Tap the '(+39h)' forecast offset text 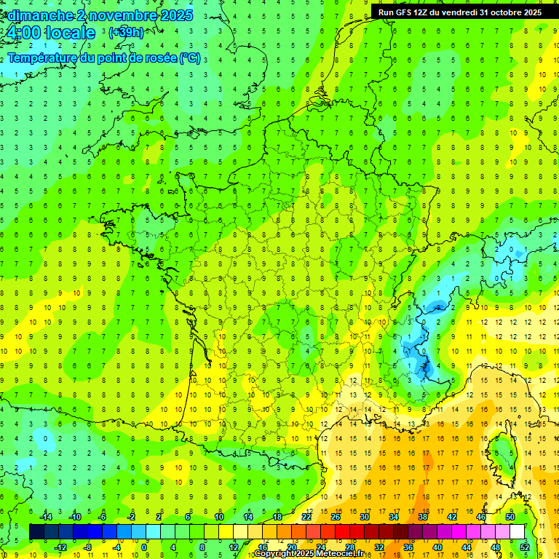click(x=126, y=33)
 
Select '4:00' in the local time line click(x=23, y=33)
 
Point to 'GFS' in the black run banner click(x=408, y=12)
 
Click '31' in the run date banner click(x=485, y=12)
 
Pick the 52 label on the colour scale click(x=524, y=547)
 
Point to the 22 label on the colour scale click(x=306, y=517)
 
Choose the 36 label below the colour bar click(x=408, y=547)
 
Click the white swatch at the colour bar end click(x=517, y=532)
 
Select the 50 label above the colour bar click(x=510, y=517)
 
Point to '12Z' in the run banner click(x=427, y=12)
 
